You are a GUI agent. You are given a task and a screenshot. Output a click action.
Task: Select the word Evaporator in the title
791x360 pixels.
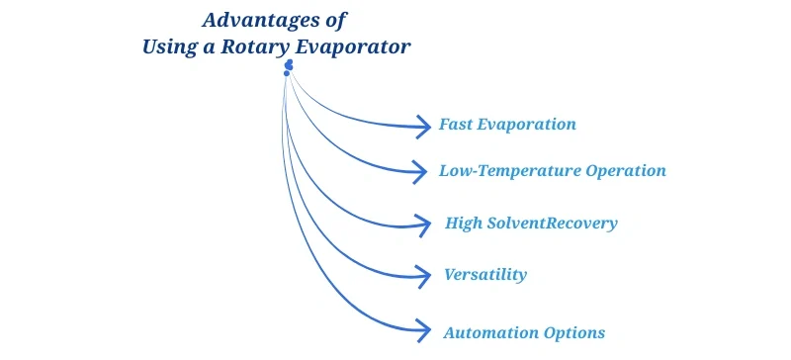coord(363,46)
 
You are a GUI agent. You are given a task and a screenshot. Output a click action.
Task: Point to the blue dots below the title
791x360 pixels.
coord(288,67)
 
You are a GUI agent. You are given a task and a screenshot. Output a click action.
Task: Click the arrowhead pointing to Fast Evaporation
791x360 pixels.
coord(426,126)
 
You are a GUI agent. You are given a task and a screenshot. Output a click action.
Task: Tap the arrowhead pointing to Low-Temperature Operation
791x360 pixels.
coord(425,171)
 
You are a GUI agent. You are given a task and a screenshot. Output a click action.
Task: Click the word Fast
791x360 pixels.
coord(458,126)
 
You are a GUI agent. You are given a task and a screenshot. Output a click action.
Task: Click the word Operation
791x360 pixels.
coord(625,170)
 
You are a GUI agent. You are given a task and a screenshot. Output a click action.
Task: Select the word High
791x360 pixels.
coord(463,223)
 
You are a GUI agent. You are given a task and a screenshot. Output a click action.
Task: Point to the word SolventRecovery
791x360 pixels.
coord(552,223)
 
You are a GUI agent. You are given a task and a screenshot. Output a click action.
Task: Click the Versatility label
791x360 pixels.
coord(485,274)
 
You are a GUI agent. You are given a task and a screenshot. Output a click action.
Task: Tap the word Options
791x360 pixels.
coord(573,332)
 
